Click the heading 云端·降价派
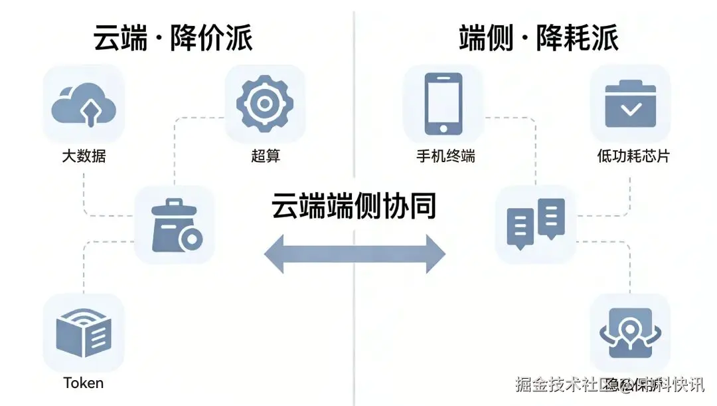[x=173, y=38]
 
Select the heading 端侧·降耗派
[x=538, y=38]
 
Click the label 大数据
[x=84, y=157]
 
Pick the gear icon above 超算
[x=265, y=104]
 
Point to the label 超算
[x=266, y=157]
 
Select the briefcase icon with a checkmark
[x=630, y=104]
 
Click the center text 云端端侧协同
[x=354, y=206]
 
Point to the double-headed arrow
[x=355, y=253]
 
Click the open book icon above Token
[x=84, y=333]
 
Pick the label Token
[x=84, y=383]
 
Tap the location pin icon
[x=630, y=333]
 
